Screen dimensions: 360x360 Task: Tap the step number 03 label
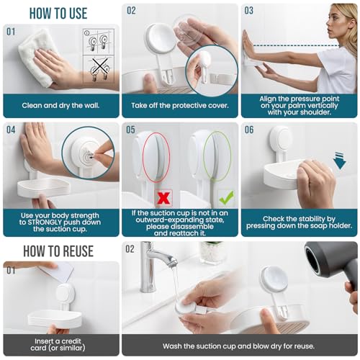click(249, 11)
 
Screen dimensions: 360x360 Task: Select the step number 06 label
click(249, 130)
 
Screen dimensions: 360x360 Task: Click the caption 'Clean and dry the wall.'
click(60, 105)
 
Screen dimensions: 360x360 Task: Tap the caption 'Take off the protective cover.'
click(180, 105)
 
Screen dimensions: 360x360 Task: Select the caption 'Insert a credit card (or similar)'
click(60, 345)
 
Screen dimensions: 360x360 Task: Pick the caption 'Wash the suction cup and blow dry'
click(238, 346)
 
